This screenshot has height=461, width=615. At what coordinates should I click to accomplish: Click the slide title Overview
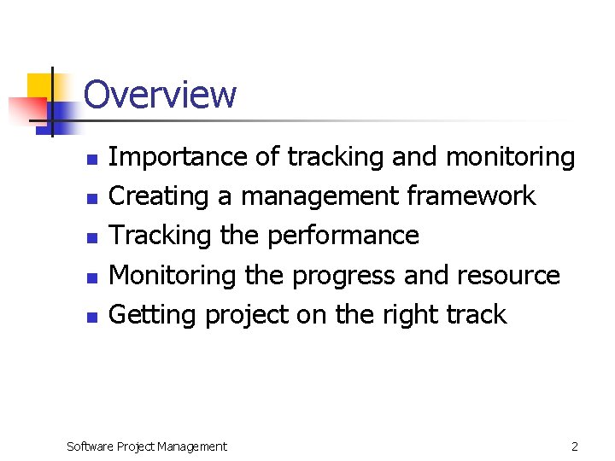[x=160, y=94]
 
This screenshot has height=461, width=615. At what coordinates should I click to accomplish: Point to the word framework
[x=471, y=196]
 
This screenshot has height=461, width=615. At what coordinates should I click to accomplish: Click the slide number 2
[x=575, y=446]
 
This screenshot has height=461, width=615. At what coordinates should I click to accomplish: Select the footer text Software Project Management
[x=147, y=446]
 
